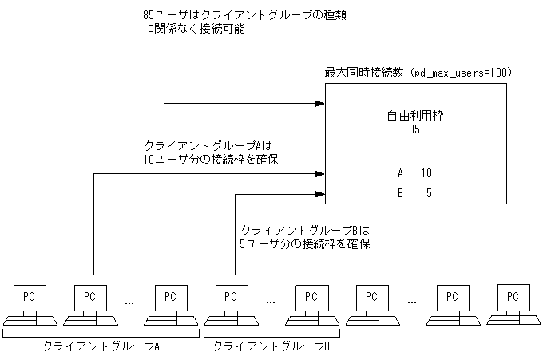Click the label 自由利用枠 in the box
414,116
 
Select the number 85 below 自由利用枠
414,129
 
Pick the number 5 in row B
429,193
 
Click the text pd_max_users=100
459,73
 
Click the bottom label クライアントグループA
101,347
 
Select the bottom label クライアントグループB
271,347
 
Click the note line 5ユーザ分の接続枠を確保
304,244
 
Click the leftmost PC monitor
29,296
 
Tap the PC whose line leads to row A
92,296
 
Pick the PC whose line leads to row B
232,296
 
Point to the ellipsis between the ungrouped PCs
412,303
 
